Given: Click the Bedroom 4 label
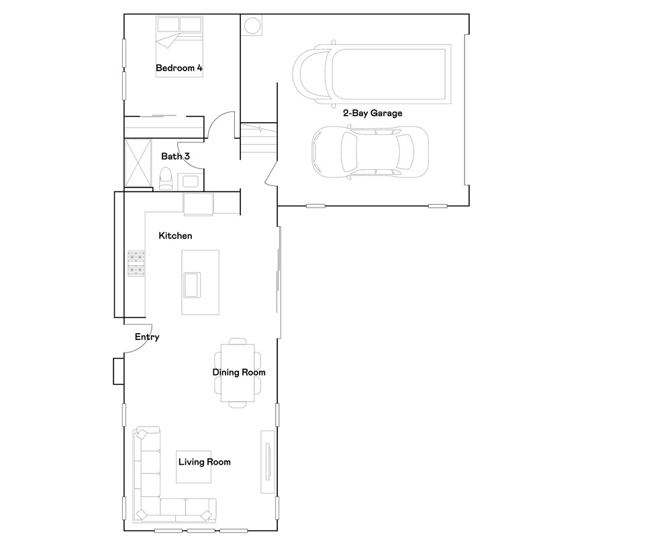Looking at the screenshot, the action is pos(179,68).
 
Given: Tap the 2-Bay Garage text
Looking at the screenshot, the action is pos(372,113).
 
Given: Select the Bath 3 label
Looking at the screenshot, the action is pos(175,156).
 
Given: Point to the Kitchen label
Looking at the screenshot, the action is pos(175,236).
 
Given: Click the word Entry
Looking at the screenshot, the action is pos(147,337).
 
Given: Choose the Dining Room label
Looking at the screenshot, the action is pos(239,372).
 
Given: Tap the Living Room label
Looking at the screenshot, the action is pos(205,462).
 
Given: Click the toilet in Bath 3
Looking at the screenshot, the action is pos(165,179).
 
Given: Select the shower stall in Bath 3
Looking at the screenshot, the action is pos(138,163).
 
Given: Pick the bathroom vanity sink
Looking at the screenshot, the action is pos(191,182).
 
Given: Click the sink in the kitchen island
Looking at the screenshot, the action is pos(192,285).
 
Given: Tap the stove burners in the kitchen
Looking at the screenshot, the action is pos(136,263).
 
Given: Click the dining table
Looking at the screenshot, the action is pos(238,373).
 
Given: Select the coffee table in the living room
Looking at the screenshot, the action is pos(194,467).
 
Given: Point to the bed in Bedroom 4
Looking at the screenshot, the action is pos(179,46).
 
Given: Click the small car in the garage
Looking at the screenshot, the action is pos(370,152).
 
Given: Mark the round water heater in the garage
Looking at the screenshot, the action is pos(252,26).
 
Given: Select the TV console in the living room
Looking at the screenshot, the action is pos(268,461).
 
